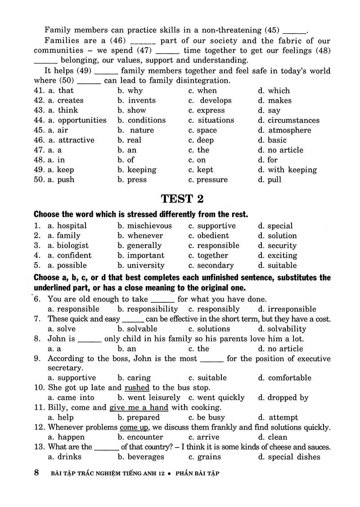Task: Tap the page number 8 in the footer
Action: (37, 473)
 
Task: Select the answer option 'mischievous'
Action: (149, 226)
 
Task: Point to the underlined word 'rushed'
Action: (137, 387)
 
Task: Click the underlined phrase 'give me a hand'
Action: (139, 408)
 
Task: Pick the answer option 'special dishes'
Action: (294, 457)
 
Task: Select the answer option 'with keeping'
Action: (292, 170)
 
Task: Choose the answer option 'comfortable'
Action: (289, 378)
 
